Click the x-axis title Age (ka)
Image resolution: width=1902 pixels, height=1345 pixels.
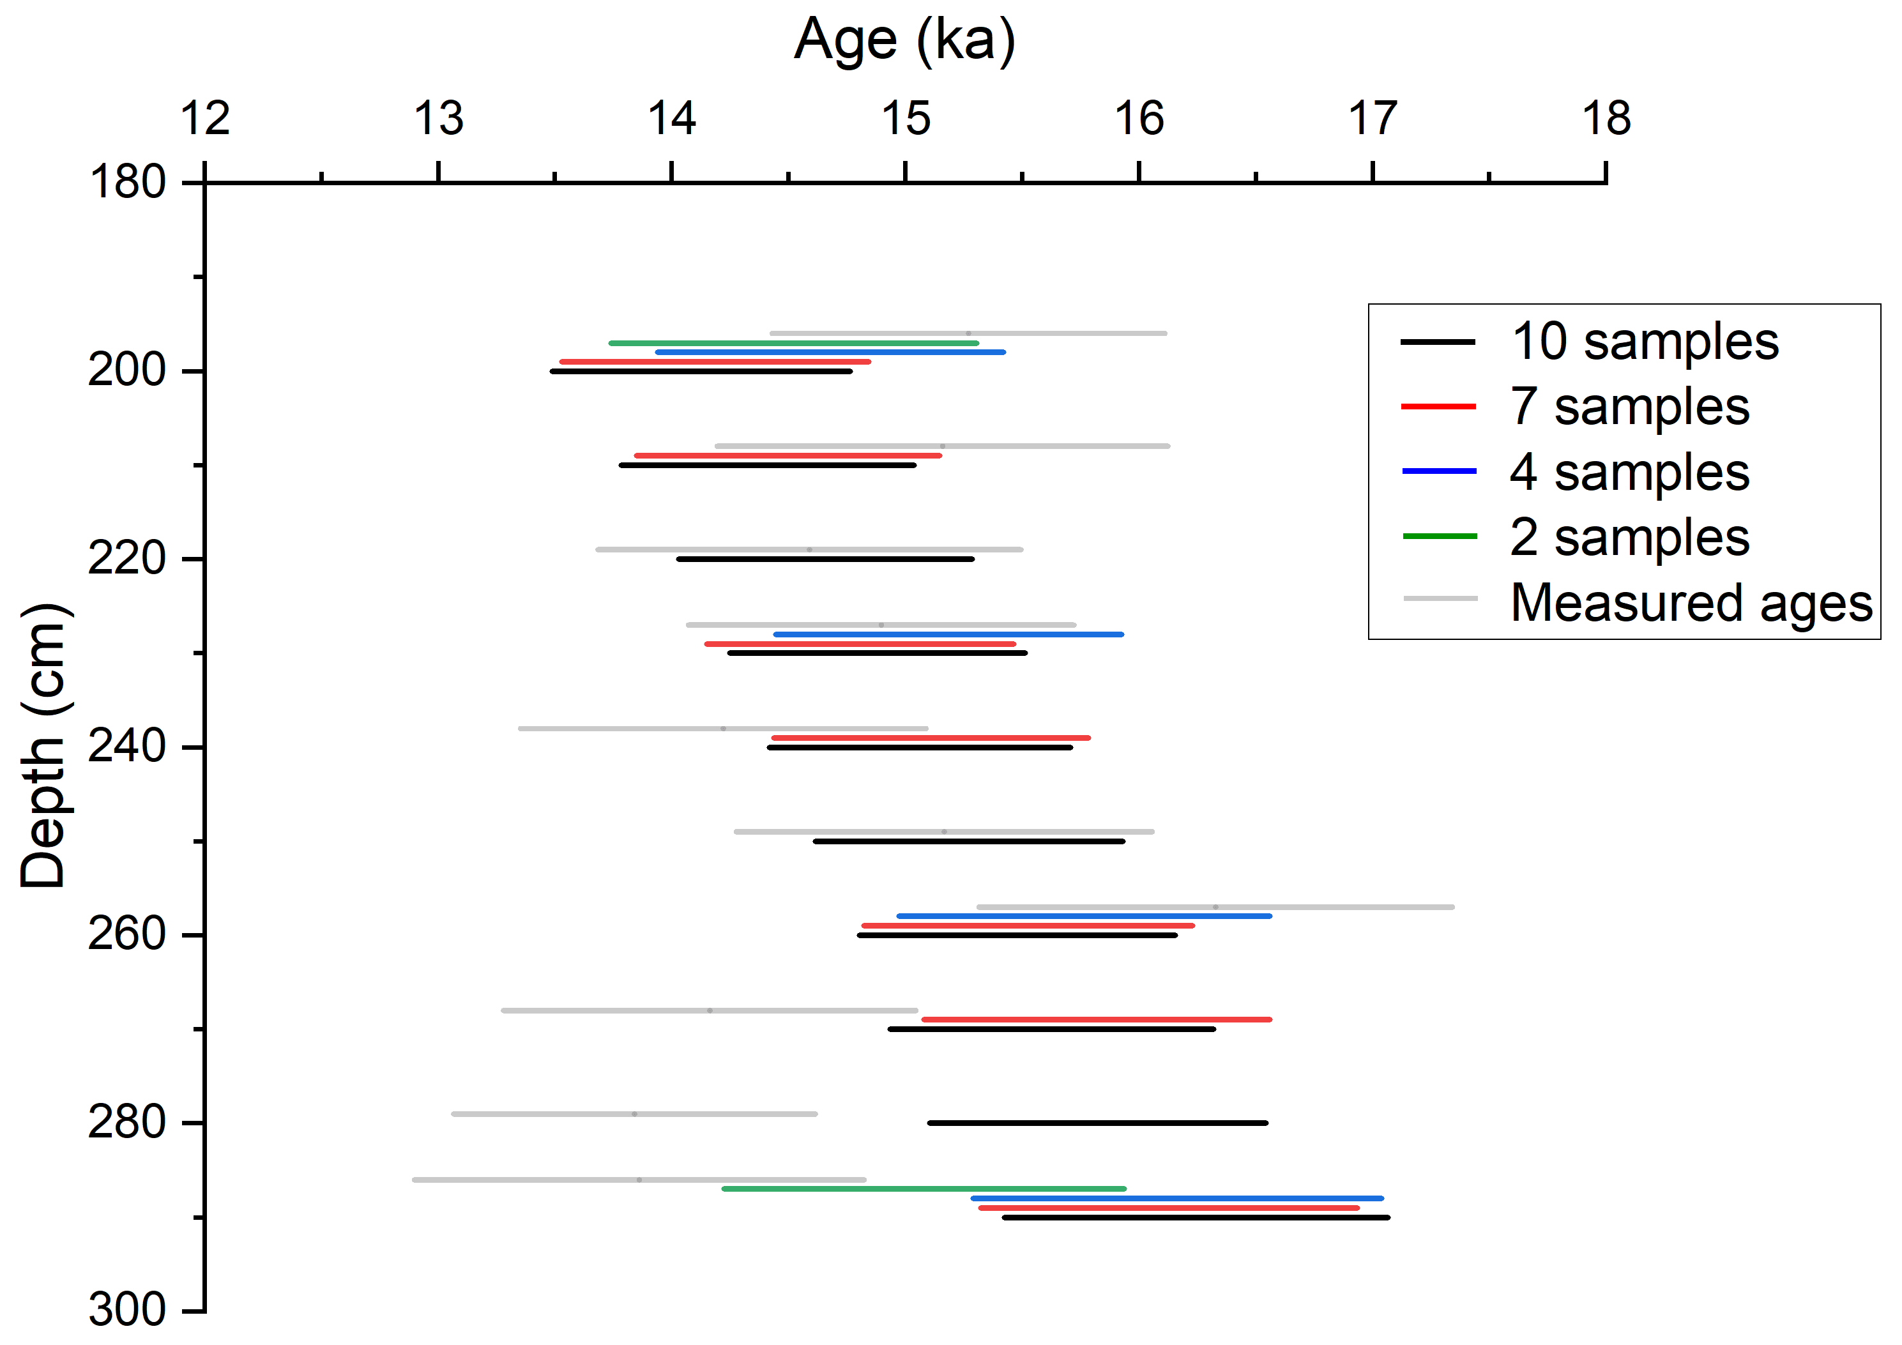tap(904, 39)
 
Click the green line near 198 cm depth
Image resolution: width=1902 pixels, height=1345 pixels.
tap(794, 343)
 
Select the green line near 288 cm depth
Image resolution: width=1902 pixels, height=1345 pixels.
tap(924, 1189)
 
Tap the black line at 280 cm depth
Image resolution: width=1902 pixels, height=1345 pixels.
tap(1098, 1123)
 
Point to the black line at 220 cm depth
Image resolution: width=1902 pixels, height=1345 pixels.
tap(825, 559)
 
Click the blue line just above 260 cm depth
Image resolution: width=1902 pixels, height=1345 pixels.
tap(1084, 916)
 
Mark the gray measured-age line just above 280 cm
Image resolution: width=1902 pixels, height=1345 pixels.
tap(635, 1114)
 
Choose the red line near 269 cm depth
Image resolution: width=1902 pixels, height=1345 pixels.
tap(1096, 1019)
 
